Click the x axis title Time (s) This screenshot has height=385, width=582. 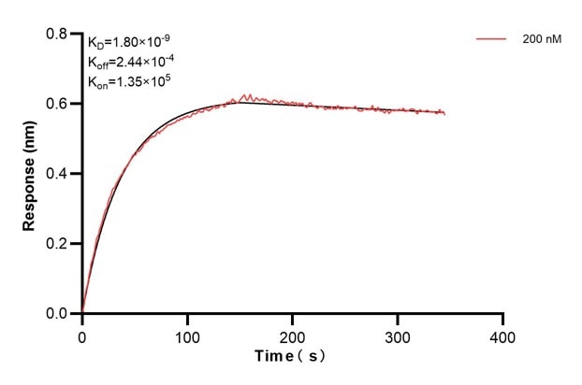tap(292, 357)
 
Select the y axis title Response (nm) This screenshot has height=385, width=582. tap(31, 174)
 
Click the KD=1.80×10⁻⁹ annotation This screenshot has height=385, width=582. tap(129, 42)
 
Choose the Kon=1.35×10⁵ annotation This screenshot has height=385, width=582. tap(129, 81)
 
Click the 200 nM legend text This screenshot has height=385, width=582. tap(542, 40)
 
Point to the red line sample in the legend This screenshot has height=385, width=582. tap(492, 40)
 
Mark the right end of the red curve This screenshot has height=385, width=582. tap(444, 114)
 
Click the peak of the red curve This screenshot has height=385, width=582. tap(246, 94)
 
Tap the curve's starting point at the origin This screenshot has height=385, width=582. tap(82, 313)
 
